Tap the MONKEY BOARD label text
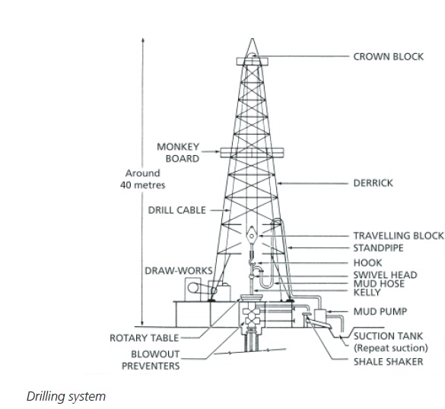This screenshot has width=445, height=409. pyautogui.click(x=177, y=152)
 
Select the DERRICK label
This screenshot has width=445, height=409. pyautogui.click(x=373, y=183)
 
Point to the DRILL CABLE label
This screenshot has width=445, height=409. pyautogui.click(x=176, y=210)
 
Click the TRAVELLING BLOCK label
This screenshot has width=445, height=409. pyautogui.click(x=397, y=236)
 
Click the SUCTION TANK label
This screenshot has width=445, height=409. pyautogui.click(x=388, y=335)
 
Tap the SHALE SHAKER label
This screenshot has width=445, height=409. pyautogui.click(x=387, y=362)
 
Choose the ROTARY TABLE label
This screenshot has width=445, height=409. pyautogui.click(x=144, y=338)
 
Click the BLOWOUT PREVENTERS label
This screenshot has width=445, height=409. pyautogui.click(x=154, y=360)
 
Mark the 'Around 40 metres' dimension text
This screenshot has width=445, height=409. pyautogui.click(x=142, y=179)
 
